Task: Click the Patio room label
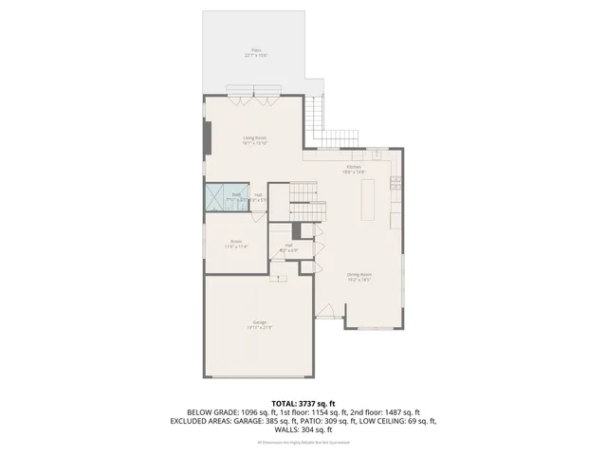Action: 254,52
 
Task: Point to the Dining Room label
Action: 358,278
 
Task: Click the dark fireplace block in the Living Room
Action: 207,137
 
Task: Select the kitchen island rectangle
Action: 369,198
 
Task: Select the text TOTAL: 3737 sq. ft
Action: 303,403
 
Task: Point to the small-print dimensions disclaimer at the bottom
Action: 303,442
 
